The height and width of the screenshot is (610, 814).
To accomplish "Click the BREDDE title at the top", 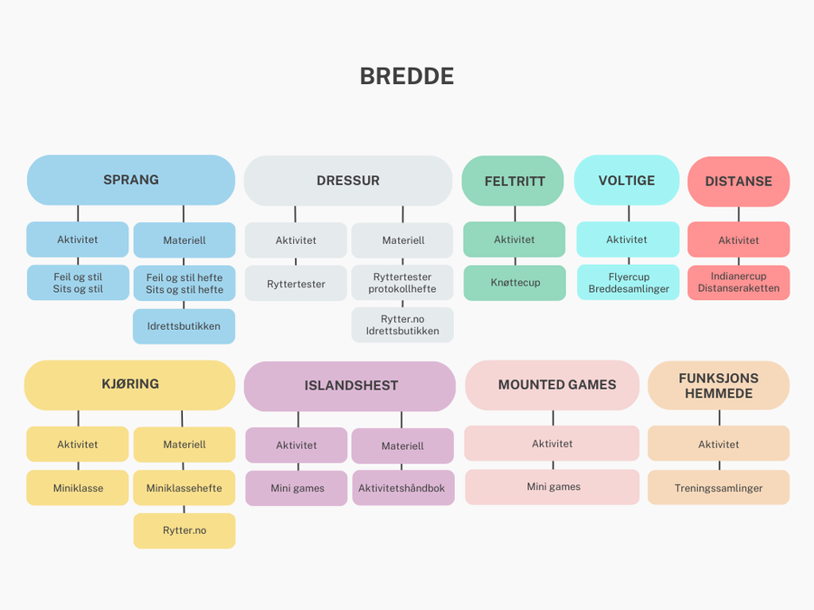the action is [x=407, y=77].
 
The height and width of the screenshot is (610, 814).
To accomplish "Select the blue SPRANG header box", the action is [x=131, y=180].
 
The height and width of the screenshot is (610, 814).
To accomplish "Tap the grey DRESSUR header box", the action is [x=348, y=181].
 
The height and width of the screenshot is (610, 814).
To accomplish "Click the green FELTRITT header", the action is [x=515, y=181].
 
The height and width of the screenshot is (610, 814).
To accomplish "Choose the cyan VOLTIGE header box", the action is [x=627, y=180].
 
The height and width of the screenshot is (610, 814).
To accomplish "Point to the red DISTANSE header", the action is [x=738, y=181].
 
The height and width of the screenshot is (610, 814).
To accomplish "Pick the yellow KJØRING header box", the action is [x=130, y=384].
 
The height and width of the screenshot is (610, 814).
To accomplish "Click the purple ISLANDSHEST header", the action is [x=350, y=386].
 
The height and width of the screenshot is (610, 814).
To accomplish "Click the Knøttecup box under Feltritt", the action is [x=515, y=283].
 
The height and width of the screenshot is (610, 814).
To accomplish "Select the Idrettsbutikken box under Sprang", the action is [x=184, y=326].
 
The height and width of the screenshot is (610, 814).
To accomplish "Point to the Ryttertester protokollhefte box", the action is [x=402, y=283].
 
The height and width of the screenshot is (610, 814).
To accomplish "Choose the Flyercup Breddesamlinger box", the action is [x=629, y=283].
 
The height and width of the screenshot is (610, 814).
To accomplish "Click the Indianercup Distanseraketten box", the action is [x=738, y=283].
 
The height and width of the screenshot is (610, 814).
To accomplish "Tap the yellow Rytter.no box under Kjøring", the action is [x=184, y=530].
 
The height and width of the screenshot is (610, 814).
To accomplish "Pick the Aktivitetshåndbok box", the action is [x=402, y=488].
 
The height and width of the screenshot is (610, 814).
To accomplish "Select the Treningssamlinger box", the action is [x=718, y=488].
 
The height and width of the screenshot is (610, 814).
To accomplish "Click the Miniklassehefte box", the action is [x=184, y=488].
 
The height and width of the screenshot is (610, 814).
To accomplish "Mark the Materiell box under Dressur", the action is [x=402, y=240].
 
